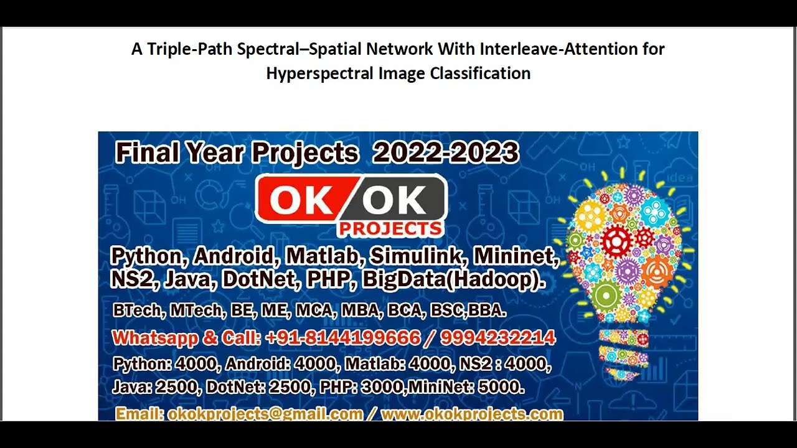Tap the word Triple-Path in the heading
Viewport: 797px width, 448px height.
tap(189, 49)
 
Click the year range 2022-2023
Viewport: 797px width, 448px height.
tap(445, 153)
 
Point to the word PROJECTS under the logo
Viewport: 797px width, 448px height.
tap(390, 229)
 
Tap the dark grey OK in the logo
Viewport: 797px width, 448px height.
tap(394, 200)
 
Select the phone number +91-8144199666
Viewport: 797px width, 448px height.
tap(342, 338)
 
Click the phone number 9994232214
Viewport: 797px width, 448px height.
tap(498, 338)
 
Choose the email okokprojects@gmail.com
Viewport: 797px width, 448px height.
tap(265, 414)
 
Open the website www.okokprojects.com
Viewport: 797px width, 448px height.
tap(472, 414)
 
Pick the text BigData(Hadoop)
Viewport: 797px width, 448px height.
tap(454, 279)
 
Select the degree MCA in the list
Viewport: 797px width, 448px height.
tap(313, 310)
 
